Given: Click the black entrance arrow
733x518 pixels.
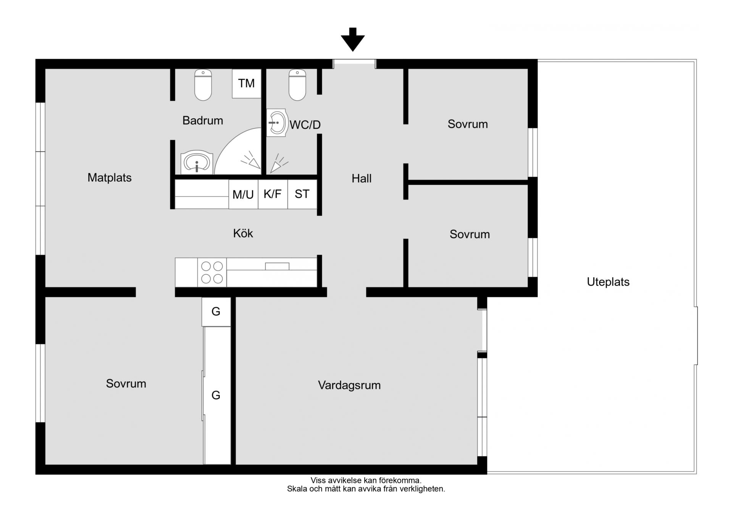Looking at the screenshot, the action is [352, 39].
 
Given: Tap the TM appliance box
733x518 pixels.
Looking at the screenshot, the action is [247, 83].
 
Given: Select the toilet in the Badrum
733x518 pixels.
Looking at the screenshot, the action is [203, 85].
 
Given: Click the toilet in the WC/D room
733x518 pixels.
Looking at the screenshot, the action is [297, 85].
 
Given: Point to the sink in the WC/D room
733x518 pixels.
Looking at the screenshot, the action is [277, 123].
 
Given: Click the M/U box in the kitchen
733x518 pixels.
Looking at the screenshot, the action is [243, 194].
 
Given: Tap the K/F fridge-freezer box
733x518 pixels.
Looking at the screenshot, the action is [273, 194].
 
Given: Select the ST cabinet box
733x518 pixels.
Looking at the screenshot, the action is [302, 194].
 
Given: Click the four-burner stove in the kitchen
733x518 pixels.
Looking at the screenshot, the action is [212, 272].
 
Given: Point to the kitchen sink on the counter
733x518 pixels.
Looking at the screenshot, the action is [277, 266].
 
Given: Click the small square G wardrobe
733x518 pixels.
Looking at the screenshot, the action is [216, 312].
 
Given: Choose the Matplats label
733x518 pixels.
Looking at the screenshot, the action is [110, 178].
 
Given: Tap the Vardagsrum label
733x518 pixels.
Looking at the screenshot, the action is [349, 385].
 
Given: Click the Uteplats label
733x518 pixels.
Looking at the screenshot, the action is [608, 282].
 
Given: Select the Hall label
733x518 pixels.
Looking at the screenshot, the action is [362, 178].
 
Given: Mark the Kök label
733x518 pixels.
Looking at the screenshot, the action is [243, 233].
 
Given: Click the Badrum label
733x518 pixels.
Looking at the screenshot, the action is [203, 121].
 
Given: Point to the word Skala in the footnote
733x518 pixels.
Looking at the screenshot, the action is [297, 489].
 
